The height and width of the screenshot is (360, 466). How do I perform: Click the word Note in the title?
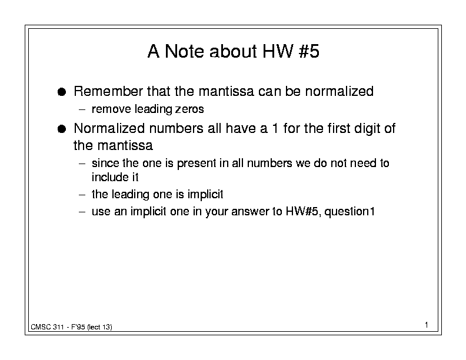(x=184, y=51)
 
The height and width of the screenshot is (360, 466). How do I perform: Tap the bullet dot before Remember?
(x=62, y=92)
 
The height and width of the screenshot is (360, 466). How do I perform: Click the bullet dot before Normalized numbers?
(x=62, y=129)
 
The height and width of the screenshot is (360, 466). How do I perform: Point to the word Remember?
(x=108, y=91)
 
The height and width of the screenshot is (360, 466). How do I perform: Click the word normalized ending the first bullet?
(x=339, y=91)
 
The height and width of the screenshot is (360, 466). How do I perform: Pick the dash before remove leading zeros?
(x=82, y=109)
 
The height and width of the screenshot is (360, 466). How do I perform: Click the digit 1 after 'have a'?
(x=275, y=129)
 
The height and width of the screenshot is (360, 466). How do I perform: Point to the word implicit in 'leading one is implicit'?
(x=205, y=195)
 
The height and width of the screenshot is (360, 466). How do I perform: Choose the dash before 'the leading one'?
(x=82, y=195)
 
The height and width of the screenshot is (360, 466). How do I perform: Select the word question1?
(x=349, y=212)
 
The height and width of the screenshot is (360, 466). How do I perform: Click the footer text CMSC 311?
(x=47, y=327)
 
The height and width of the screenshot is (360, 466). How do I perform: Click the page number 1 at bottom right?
(x=427, y=325)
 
